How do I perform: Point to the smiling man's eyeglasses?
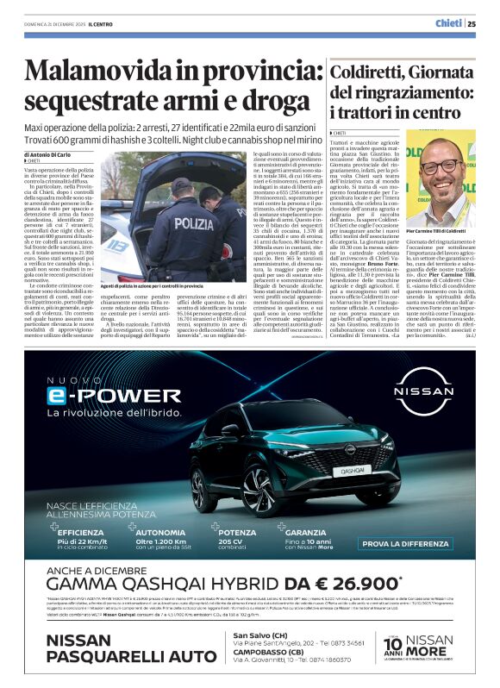[441, 166]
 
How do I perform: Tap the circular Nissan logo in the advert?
[422, 387]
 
